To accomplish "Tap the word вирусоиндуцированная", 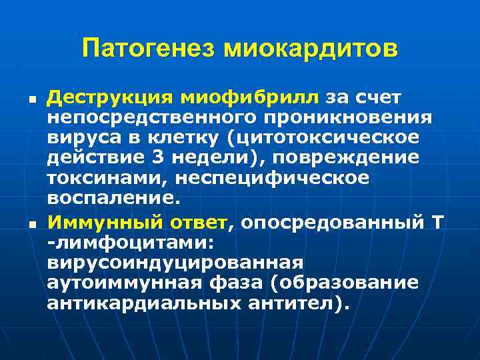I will pos(175,263).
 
